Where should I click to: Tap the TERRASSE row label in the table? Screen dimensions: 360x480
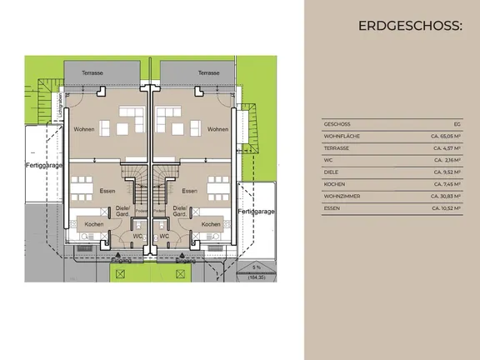pos(337,147)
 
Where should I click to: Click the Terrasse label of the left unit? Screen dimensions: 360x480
pos(92,73)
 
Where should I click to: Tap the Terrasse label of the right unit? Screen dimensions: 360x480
pos(208,73)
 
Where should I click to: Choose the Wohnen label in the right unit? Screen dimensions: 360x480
pos(218,129)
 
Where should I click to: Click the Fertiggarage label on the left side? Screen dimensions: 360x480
pos(42,165)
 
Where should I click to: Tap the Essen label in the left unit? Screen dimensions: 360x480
pos(107,191)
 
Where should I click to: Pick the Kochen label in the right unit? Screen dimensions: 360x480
pos(211,224)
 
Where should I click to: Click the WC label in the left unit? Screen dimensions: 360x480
pos(137,236)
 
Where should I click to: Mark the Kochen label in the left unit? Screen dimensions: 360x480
pos(94,224)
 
